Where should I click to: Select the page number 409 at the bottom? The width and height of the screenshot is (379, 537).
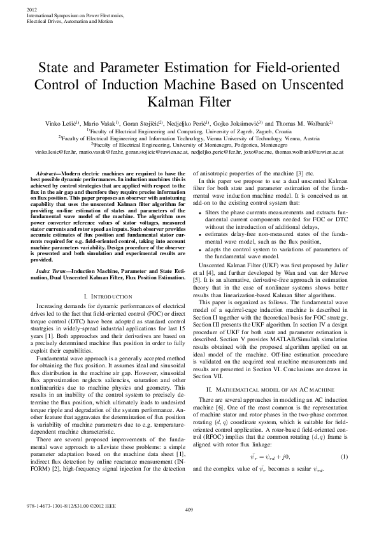(189, 527)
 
